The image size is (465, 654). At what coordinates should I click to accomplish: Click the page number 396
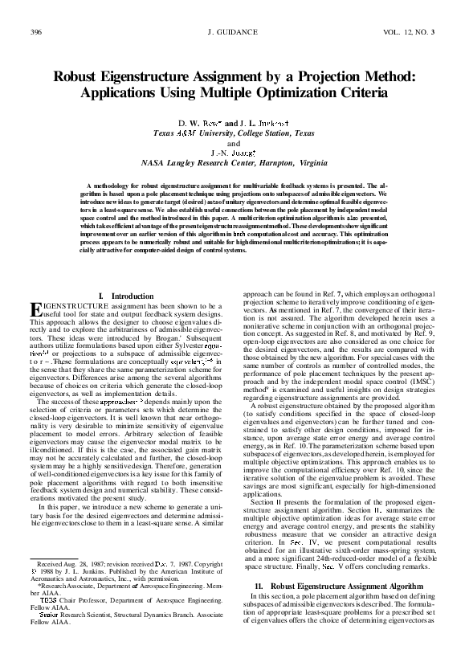[35, 32]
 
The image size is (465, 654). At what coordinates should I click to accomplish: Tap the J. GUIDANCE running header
[231, 32]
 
